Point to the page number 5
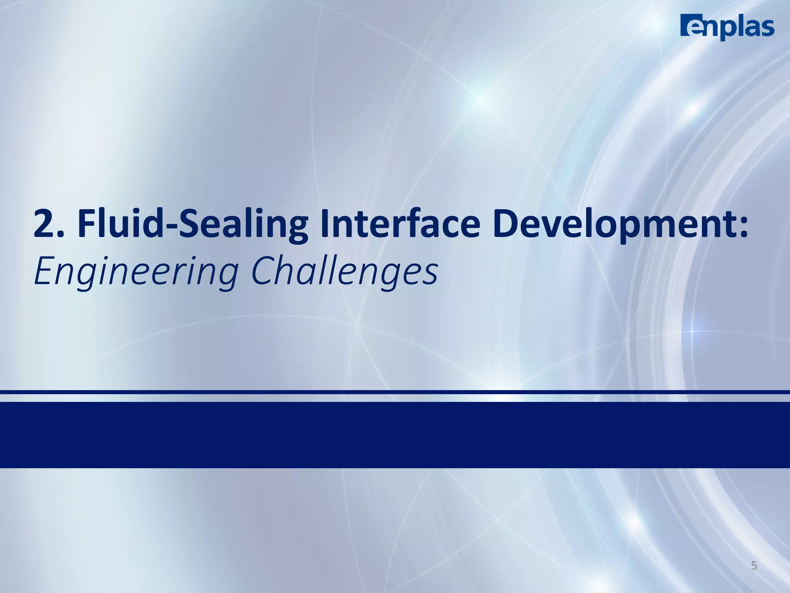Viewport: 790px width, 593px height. pos(754,566)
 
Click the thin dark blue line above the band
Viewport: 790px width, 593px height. pos(395,392)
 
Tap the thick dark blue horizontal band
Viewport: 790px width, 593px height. pos(395,435)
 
